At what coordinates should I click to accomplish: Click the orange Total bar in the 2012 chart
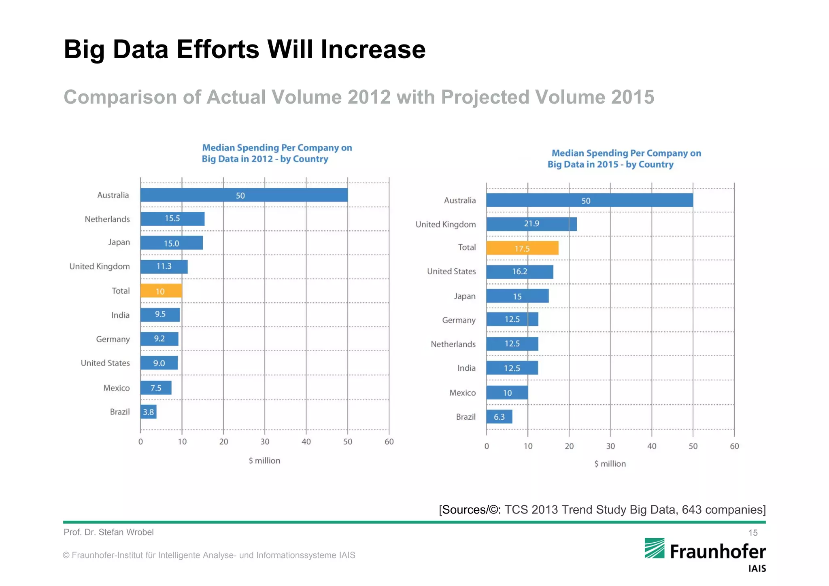click(161, 291)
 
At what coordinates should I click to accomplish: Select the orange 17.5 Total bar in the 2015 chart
click(522, 248)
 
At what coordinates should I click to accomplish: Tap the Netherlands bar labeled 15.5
click(172, 219)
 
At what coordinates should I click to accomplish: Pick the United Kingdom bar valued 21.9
click(531, 224)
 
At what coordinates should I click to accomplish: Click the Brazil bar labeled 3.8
click(149, 412)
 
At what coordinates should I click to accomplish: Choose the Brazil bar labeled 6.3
click(499, 417)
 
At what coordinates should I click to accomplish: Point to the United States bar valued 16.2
click(520, 272)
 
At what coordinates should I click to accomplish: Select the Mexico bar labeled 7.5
click(156, 388)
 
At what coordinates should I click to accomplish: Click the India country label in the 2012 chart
click(121, 315)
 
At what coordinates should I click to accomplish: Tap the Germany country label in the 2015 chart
click(459, 320)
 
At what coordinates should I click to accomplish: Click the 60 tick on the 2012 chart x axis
click(389, 442)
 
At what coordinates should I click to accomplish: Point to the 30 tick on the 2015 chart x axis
click(610, 446)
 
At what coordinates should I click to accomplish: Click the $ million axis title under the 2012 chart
click(264, 461)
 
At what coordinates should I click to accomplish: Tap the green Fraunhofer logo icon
click(655, 548)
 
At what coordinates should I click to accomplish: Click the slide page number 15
click(752, 533)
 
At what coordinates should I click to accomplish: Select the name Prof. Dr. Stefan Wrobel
click(108, 532)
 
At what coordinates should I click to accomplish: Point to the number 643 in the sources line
click(691, 510)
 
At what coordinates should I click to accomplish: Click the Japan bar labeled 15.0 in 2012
click(172, 243)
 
